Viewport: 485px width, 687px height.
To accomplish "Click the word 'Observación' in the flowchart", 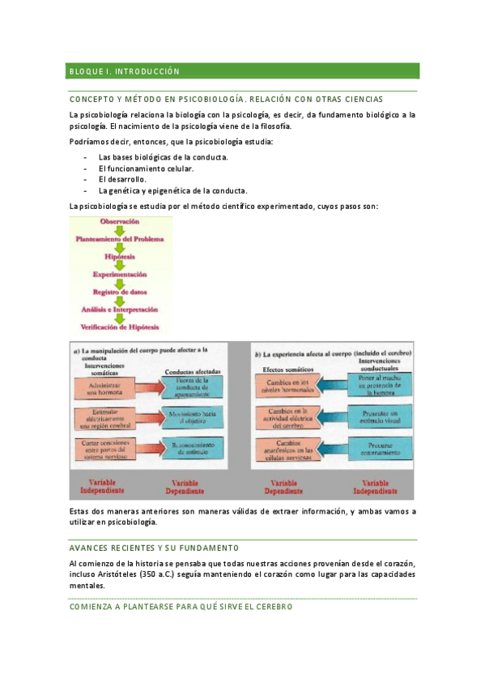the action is coord(120,221).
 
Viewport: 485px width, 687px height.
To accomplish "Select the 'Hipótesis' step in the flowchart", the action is coord(120,257).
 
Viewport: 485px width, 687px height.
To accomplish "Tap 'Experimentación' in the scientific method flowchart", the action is coord(120,275).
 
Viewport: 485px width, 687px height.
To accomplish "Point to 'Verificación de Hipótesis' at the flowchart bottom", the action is coord(120,326).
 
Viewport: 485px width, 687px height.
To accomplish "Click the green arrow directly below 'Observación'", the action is coord(120,230).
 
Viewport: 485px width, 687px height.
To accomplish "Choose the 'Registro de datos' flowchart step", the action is coord(120,292).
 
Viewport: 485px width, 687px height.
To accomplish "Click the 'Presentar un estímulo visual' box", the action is coord(378,416).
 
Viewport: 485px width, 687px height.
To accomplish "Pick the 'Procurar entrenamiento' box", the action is coord(378,446).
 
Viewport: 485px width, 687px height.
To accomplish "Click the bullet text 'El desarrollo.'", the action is coord(122,179).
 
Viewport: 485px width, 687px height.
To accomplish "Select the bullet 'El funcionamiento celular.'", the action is coord(147,168).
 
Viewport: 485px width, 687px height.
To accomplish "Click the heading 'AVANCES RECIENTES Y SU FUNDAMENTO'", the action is coord(154,548).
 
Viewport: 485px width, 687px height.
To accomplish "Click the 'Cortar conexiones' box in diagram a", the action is coord(105,446).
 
